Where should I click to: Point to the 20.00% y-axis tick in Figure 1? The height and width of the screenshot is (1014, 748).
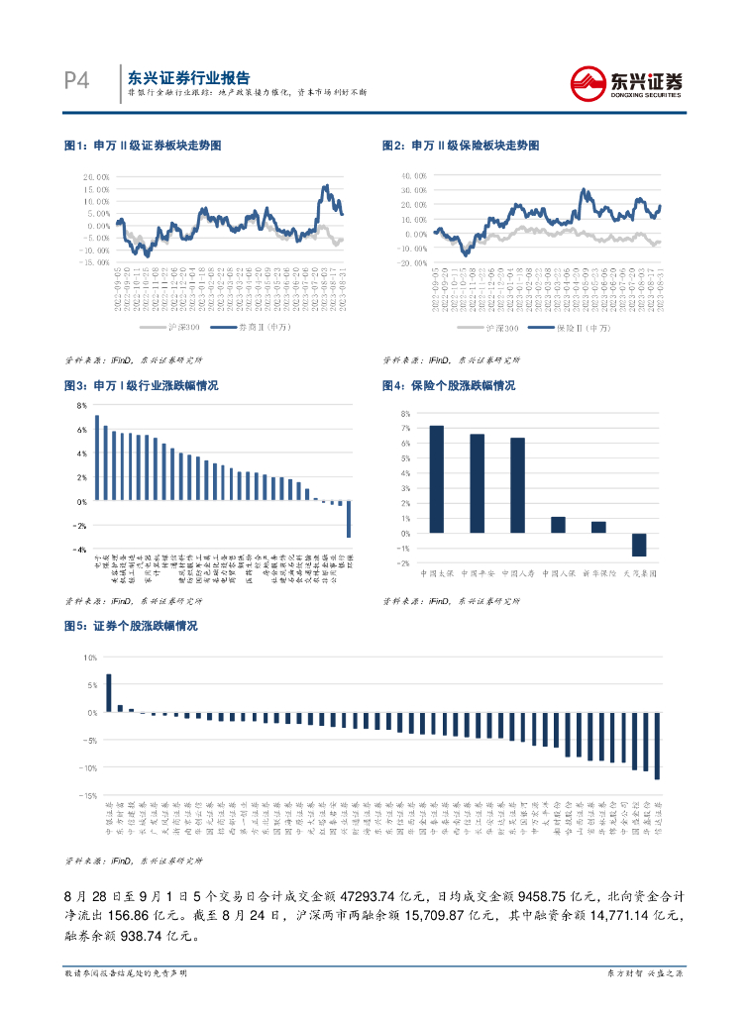pos(95,176)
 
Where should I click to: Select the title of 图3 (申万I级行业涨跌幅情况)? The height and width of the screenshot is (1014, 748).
pos(141,385)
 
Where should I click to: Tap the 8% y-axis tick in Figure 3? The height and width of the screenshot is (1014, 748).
pos(81,405)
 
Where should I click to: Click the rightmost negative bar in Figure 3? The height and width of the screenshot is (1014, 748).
pos(349,519)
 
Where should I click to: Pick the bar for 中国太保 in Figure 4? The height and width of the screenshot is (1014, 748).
pos(436,479)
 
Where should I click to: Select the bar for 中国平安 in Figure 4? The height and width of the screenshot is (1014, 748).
pos(477,483)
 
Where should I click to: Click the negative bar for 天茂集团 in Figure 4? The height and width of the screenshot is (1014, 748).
pos(639,545)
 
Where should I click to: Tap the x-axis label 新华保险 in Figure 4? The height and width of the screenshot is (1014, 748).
pos(598,573)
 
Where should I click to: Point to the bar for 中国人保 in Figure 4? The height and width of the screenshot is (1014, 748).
pos(558,525)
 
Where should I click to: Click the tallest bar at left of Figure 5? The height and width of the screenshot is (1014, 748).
pos(109,692)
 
